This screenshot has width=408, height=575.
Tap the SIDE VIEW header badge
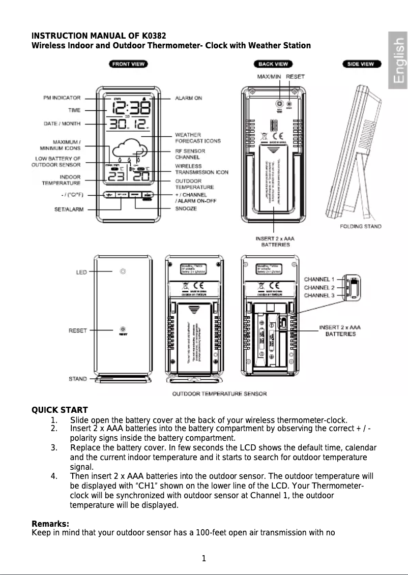point(360,64)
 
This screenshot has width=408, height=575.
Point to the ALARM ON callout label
point(189,98)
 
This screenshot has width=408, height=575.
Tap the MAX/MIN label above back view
point(270,76)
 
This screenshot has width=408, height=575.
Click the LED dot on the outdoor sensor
point(122,272)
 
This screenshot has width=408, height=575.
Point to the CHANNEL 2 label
point(319,287)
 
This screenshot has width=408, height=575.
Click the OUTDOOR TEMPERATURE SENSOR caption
point(219,394)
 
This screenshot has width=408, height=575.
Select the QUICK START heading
point(60,410)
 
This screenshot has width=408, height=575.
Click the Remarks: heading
point(50,524)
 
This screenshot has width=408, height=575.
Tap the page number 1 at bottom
point(203,559)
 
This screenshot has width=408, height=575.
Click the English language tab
point(398,60)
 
